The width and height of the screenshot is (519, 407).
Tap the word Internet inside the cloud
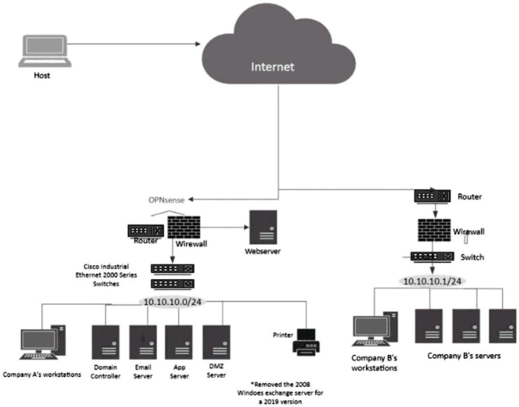[272, 66]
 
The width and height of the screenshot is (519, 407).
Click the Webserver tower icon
[263, 227]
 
